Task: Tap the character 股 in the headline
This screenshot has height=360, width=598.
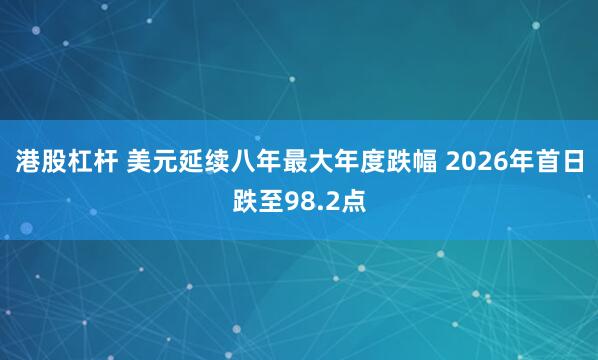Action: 54,160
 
